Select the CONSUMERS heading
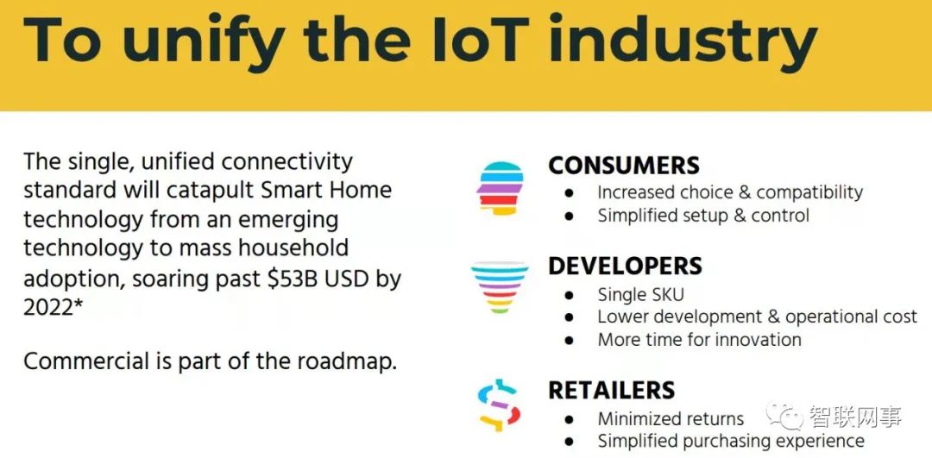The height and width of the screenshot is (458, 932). pos(624,166)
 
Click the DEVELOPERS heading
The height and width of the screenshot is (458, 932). pos(625,267)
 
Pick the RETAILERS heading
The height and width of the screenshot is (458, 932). pos(611,390)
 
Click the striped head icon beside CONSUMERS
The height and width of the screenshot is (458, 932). pos(500,188)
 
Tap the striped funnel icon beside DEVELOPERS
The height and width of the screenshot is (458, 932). pos(500,287)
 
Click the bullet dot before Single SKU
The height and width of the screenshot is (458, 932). pos(570,295)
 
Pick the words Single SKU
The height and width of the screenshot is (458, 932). pos(640,295)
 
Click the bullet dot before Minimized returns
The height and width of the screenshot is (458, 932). pos(570,419)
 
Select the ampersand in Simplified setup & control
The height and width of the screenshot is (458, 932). pos(740,215)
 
